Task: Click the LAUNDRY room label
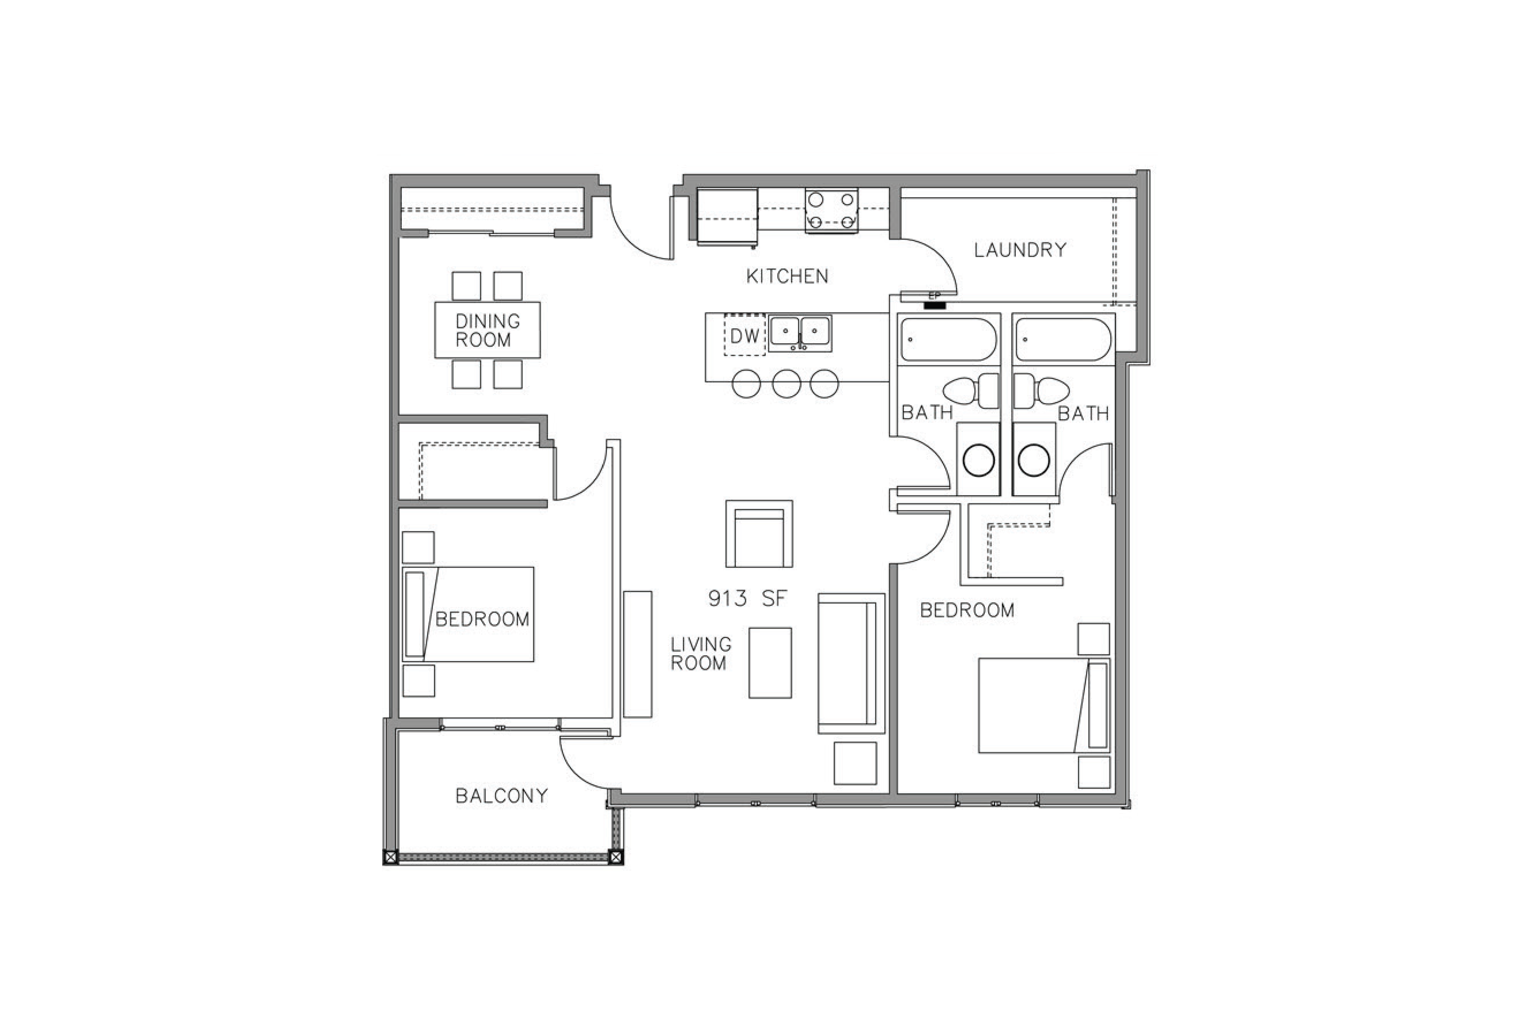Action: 1020,250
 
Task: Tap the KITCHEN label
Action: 787,276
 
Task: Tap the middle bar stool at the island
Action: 786,384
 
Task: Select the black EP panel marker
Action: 935,305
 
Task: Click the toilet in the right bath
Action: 1041,391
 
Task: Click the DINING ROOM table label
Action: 487,330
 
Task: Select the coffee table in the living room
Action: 770,663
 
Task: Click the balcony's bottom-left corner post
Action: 390,857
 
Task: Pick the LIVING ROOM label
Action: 701,654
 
